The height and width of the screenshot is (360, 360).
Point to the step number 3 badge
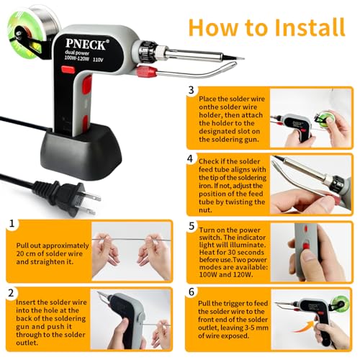pyautogui.click(x=191, y=91)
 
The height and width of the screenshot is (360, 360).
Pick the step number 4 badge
pyautogui.click(x=191, y=158)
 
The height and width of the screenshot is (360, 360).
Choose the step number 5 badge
pyautogui.click(x=191, y=225)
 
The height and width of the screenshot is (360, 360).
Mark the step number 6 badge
pyautogui.click(x=191, y=293)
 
